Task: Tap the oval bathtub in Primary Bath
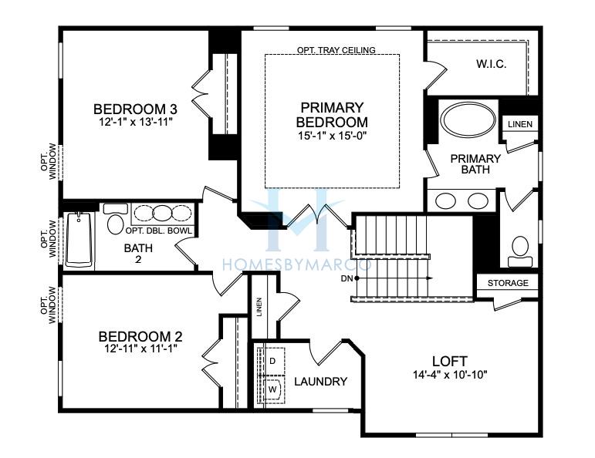click(468, 119)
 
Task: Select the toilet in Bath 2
click(115, 220)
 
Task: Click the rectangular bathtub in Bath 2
click(79, 240)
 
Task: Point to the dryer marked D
click(272, 361)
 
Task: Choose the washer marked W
click(272, 389)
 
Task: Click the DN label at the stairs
click(347, 278)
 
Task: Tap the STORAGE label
click(508, 283)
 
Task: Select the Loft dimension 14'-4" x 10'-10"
click(450, 375)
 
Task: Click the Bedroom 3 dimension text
click(135, 122)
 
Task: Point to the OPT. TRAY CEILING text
click(336, 50)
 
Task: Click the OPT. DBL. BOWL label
click(158, 231)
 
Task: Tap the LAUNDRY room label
click(320, 382)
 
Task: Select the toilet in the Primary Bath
click(520, 251)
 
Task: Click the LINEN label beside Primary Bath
click(520, 124)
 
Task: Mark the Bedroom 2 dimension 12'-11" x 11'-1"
click(141, 348)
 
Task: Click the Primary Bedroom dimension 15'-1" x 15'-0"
click(332, 136)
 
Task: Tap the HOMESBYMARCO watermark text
click(297, 264)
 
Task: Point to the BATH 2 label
click(138, 254)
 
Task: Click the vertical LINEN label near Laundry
click(259, 307)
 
